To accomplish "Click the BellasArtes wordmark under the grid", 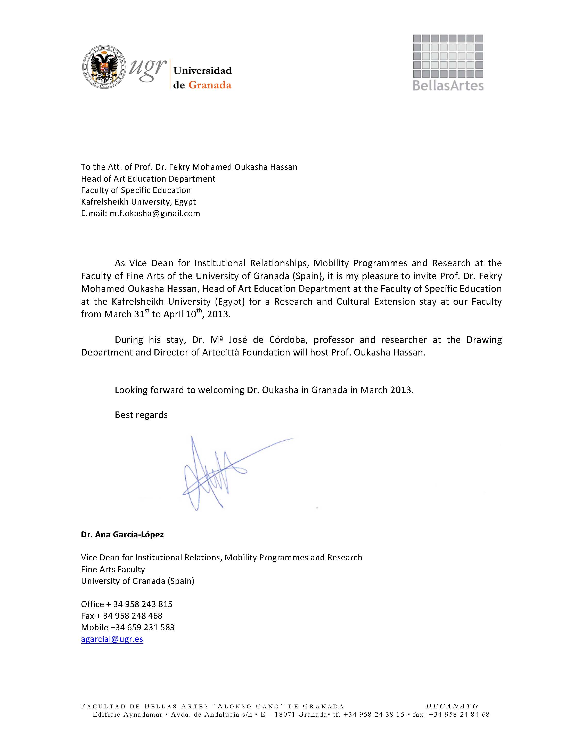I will click(x=448, y=85).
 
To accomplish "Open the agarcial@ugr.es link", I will click(x=112, y=639).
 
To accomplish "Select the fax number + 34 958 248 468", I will click(x=132, y=616).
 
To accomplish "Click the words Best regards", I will click(x=141, y=415).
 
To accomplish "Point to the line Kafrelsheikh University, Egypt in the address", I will click(x=138, y=202).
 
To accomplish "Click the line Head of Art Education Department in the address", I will click(x=148, y=179).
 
